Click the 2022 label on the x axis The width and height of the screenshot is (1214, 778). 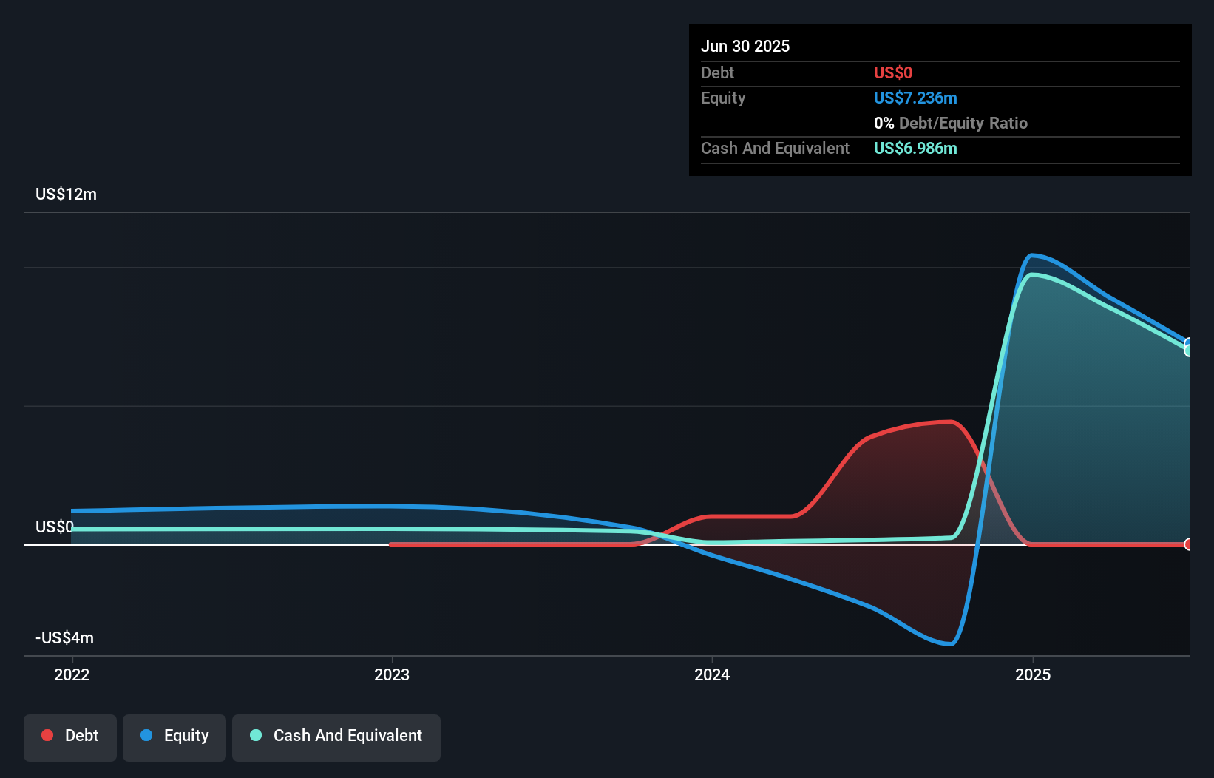tap(72, 674)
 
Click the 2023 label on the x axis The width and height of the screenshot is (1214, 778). tap(392, 674)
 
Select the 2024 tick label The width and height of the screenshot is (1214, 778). tap(712, 674)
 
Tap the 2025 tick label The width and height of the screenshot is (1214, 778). tap(1032, 674)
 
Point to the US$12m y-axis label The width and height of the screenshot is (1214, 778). tap(66, 194)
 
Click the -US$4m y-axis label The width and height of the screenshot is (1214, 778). tap(64, 637)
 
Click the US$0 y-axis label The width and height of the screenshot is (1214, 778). tap(54, 527)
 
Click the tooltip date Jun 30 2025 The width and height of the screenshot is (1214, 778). tap(745, 46)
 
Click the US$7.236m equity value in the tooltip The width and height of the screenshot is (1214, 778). tap(915, 98)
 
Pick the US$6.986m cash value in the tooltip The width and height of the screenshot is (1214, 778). tap(915, 148)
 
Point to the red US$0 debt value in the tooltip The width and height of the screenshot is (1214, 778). tap(893, 72)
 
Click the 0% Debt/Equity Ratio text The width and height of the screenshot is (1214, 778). tap(951, 123)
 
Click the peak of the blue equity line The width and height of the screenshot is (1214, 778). tap(1032, 255)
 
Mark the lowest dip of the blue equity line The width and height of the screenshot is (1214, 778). tap(950, 644)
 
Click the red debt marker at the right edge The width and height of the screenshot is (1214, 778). tap(1188, 544)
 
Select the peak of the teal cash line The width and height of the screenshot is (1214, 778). tap(1033, 274)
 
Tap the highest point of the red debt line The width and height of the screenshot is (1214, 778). tap(950, 422)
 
